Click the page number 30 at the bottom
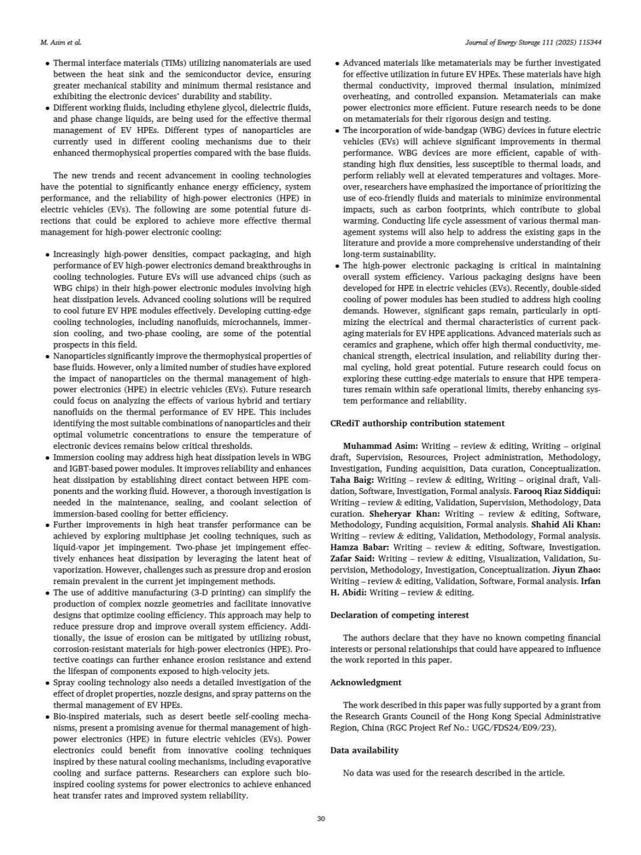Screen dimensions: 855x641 click(320, 819)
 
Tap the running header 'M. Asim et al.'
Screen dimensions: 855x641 click(61, 43)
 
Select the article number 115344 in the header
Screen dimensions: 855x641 click(589, 43)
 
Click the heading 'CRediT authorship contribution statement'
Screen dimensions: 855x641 click(417, 423)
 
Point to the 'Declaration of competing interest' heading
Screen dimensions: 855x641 click(399, 615)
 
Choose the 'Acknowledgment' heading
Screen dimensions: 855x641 click(366, 683)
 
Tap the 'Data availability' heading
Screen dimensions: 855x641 click(364, 750)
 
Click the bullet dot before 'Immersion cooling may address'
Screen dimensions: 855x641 click(47, 458)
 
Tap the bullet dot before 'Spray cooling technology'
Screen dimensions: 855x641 click(47, 683)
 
